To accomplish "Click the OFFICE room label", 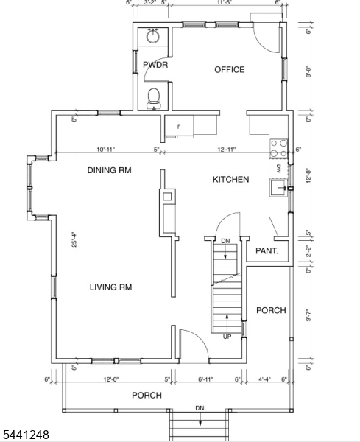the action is pos(229,70).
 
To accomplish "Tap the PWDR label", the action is pos(155,65).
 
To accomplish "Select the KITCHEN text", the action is pos(230,179).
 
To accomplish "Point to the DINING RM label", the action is pos(109,170).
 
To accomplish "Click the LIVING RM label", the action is pos(110,287).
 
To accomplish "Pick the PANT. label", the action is pos(267,250).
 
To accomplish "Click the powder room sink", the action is pos(153,35).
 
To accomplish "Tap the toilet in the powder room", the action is pos(154,98).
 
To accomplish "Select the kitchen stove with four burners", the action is pos(278,148).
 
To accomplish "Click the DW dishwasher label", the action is pos(279,169).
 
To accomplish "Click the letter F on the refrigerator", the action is pos(179,127).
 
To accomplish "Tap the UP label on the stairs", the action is pos(227,337).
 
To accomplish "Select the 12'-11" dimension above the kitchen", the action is pos(226,149).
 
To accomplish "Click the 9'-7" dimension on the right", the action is pos(309,316).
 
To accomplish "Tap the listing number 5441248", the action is pos(25,435).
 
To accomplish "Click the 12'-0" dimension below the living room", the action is pos(111,379).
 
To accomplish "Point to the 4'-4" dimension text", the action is pos(264,379).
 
